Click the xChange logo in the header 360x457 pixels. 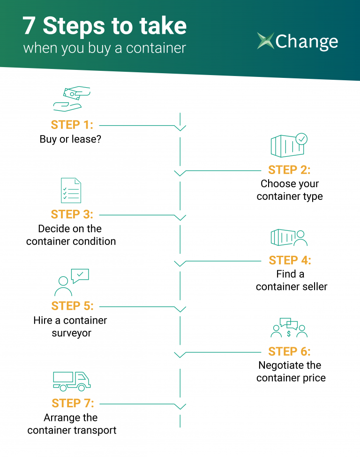click(x=297, y=41)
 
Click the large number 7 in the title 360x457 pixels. click(x=29, y=26)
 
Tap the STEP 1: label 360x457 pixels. click(x=72, y=125)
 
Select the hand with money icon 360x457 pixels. click(x=72, y=99)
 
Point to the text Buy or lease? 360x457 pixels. click(x=70, y=139)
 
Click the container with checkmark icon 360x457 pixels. click(x=289, y=145)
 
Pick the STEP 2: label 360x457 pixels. click(x=289, y=170)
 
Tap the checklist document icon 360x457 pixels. click(x=71, y=190)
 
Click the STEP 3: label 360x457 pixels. click(x=72, y=214)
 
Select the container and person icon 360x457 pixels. click(x=289, y=237)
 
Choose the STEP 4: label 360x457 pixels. click(x=290, y=260)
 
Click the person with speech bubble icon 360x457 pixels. click(x=72, y=282)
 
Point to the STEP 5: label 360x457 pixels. click(x=72, y=306)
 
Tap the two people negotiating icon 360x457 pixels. click(x=289, y=328)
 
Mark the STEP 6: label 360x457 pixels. click(x=289, y=351)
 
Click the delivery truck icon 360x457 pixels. click(x=72, y=381)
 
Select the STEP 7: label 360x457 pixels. click(x=73, y=404)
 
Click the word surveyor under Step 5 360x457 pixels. click(x=72, y=333)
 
